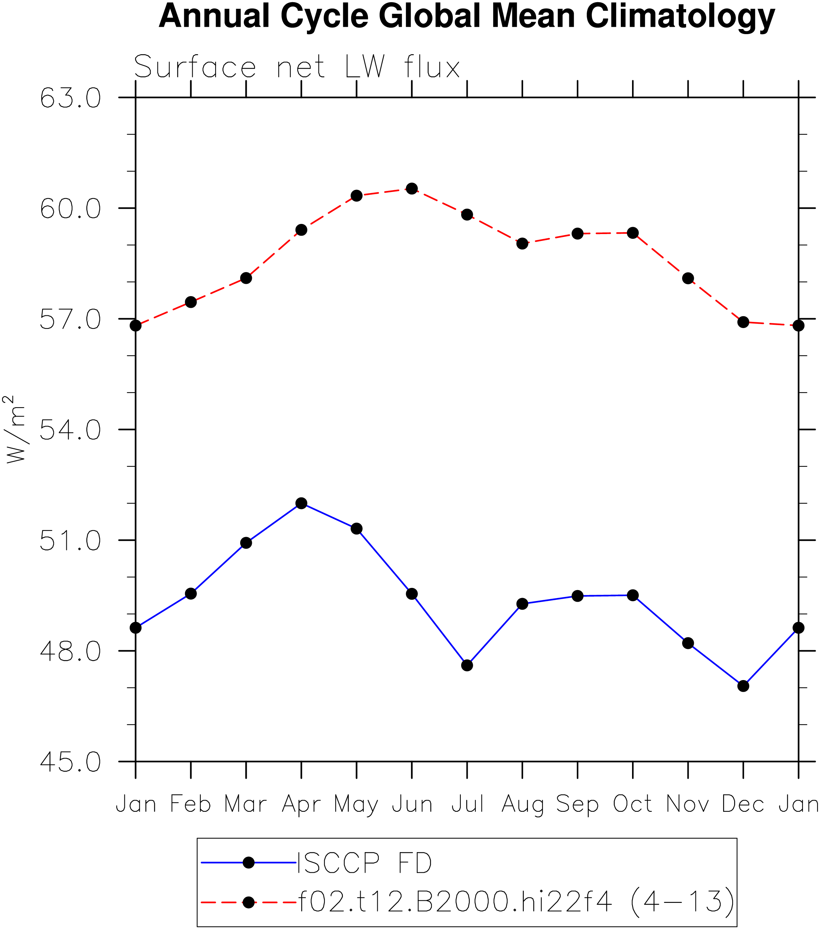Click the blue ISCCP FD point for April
pos(301,503)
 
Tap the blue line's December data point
pos(743,686)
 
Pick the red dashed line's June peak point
pos(412,189)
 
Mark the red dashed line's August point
pos(522,243)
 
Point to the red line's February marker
pos(191,302)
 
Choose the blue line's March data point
pos(246,543)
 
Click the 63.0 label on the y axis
pos(70,98)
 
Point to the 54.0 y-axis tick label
pos(70,430)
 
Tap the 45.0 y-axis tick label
pos(70,762)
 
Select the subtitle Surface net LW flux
pos(297,67)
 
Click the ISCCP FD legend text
pos(364,863)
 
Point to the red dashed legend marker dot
pos(249,902)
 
